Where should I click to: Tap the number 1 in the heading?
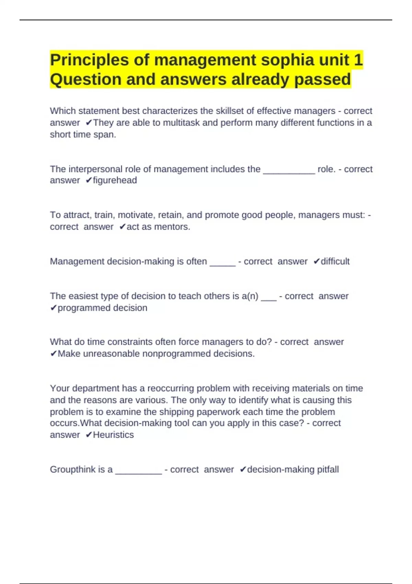coord(358,60)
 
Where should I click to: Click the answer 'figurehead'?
coord(115,180)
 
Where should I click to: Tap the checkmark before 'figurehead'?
coord(89,180)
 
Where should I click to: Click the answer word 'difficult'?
coord(335,261)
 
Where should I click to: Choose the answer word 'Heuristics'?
coord(113,435)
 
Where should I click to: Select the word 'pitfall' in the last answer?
coord(328,470)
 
